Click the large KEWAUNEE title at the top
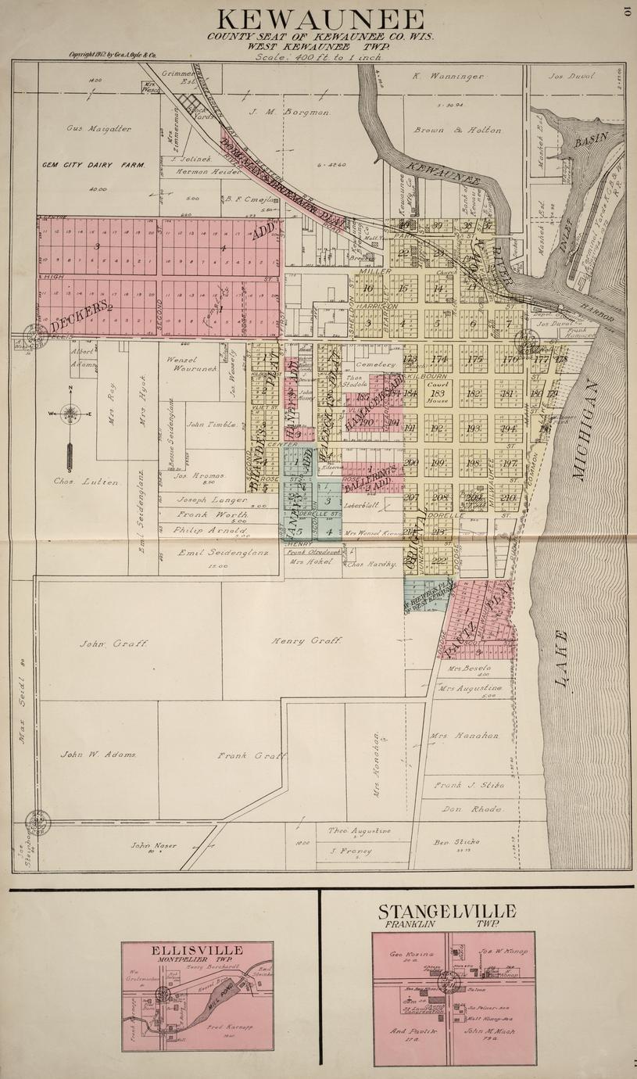(320, 19)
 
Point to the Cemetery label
(370, 364)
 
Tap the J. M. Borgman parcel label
(291, 112)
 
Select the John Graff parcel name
(113, 643)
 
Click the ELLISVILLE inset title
(197, 950)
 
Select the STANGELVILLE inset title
(447, 912)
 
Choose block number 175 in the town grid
(474, 360)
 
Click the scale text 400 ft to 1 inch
(321, 56)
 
